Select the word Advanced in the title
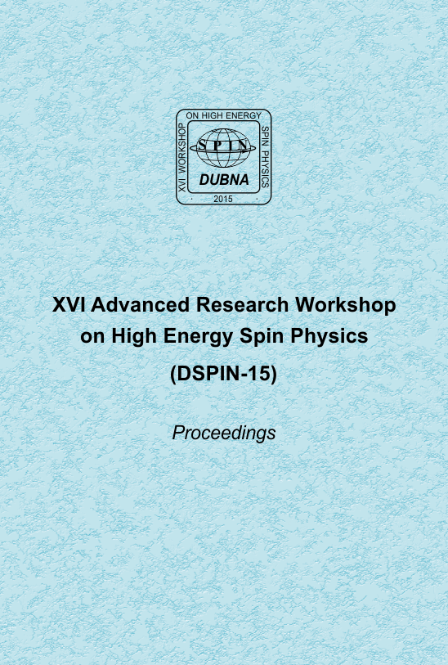[141, 304]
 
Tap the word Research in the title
[242, 304]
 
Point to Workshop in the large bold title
[346, 305]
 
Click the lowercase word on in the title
[93, 337]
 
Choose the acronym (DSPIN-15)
[223, 374]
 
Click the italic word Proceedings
[224, 434]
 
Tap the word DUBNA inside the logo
[224, 179]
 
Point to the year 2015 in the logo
[223, 199]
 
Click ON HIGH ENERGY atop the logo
[224, 115]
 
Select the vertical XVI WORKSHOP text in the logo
[181, 157]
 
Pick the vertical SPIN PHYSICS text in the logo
[265, 157]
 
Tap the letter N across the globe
[244, 146]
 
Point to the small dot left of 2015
[192, 198]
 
